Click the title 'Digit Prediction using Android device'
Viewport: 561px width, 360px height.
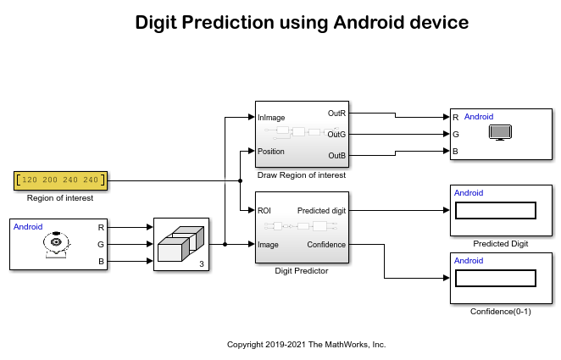[302, 24]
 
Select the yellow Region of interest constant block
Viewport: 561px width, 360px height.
[59, 180]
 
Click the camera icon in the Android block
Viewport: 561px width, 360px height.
[57, 245]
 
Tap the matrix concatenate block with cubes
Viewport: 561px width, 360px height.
[181, 245]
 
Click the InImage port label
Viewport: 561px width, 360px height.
[272, 118]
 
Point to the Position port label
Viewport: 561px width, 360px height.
[271, 152]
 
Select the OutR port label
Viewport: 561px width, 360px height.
[336, 113]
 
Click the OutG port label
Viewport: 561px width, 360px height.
[336, 134]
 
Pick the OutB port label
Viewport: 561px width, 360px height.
[336, 155]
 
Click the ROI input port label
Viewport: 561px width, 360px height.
[264, 210]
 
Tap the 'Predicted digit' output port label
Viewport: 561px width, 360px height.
[322, 210]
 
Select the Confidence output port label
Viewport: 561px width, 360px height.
[326, 244]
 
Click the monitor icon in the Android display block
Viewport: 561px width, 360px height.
[501, 133]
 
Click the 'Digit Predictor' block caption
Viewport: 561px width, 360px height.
[302, 271]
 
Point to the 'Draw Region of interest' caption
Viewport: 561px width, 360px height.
[302, 174]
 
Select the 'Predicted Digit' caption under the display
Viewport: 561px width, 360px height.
[500, 243]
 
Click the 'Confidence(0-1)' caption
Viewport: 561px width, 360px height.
[500, 311]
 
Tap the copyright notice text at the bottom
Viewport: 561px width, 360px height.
[306, 345]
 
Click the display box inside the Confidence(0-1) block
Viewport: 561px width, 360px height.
[496, 279]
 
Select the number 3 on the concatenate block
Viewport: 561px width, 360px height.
[200, 265]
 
